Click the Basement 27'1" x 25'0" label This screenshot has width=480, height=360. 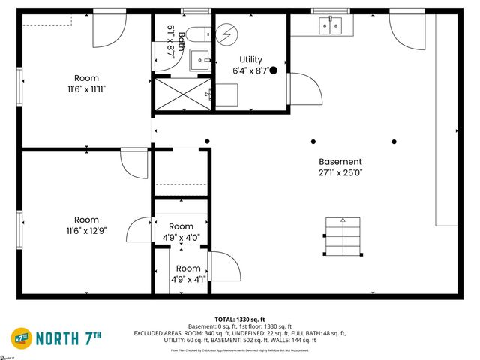[340, 167]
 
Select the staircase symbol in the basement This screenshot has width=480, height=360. [342, 237]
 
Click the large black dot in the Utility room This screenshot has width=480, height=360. [274, 70]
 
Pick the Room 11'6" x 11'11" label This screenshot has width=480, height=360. [86, 83]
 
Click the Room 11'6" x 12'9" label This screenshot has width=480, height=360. [86, 226]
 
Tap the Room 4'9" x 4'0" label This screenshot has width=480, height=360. [181, 232]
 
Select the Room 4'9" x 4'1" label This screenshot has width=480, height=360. [188, 274]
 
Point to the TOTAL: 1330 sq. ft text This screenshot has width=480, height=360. [239, 319]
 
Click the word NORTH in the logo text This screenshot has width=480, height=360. [61, 338]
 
